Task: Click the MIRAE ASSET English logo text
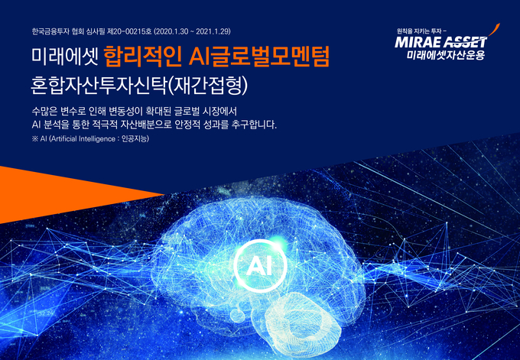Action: (x=441, y=43)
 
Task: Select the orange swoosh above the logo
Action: (x=494, y=31)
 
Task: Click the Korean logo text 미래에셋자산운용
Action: (x=446, y=55)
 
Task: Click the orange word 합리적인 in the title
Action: (x=142, y=57)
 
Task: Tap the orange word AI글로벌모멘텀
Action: (x=259, y=57)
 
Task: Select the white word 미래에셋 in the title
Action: (x=64, y=57)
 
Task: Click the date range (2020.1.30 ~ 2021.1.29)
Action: (x=193, y=32)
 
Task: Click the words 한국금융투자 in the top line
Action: (x=50, y=32)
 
